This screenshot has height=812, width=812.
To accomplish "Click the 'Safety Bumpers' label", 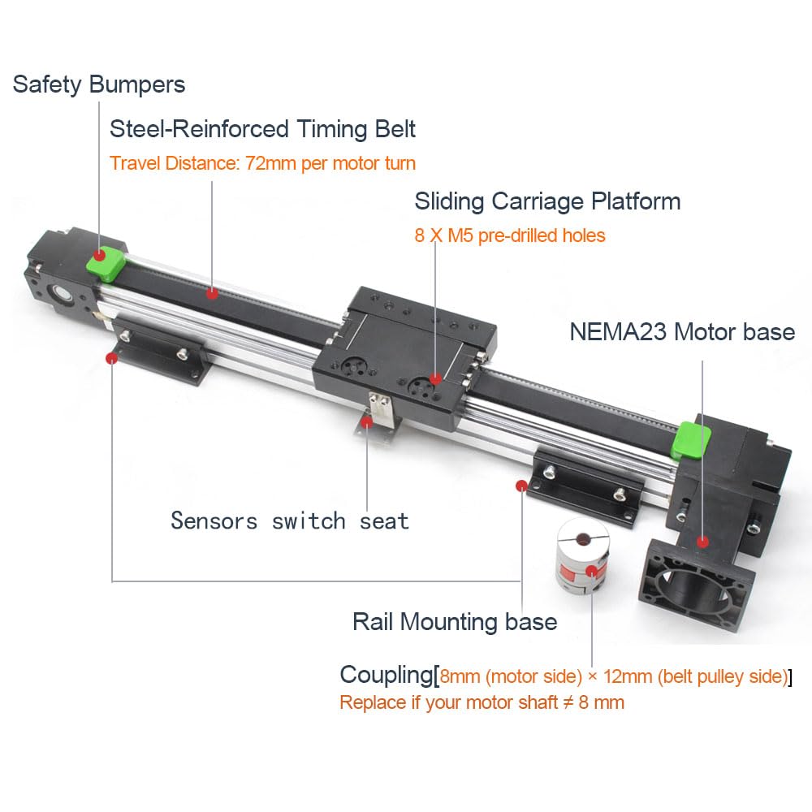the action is (x=99, y=85).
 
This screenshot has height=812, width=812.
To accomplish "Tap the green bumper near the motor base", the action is (x=690, y=440).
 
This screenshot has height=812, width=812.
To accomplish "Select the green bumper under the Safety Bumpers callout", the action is (x=106, y=261).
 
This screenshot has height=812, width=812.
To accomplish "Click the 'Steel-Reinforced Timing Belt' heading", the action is (x=262, y=129).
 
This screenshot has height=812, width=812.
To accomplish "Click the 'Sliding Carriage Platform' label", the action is (x=547, y=201).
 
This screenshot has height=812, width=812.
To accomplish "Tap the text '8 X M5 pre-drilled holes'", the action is (x=510, y=235).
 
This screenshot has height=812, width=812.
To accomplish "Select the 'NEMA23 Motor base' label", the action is (x=682, y=332).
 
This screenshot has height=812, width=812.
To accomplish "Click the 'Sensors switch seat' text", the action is (x=290, y=521).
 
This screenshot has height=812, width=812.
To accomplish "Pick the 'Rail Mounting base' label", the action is (x=455, y=622).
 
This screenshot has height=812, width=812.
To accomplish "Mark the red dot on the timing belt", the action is (x=212, y=294).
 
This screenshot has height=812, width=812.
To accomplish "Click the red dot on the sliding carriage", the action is (x=435, y=379).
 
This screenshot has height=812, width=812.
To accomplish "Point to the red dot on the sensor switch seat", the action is (x=367, y=422).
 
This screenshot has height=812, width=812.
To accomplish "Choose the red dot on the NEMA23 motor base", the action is (x=702, y=542).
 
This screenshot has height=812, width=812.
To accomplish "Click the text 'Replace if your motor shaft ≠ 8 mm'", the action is (x=482, y=702).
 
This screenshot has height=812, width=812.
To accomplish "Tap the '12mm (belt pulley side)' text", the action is (x=696, y=676).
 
